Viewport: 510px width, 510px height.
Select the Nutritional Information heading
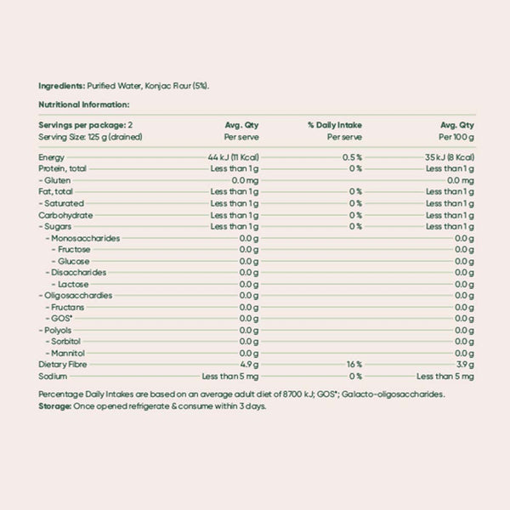point(83,105)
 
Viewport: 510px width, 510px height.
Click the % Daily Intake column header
point(335,125)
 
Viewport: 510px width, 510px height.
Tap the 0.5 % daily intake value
point(353,158)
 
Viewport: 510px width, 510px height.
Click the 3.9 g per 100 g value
point(463,364)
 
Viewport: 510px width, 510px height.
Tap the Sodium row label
point(53,376)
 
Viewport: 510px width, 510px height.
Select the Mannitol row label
point(70,353)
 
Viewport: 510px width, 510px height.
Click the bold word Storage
point(56,406)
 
